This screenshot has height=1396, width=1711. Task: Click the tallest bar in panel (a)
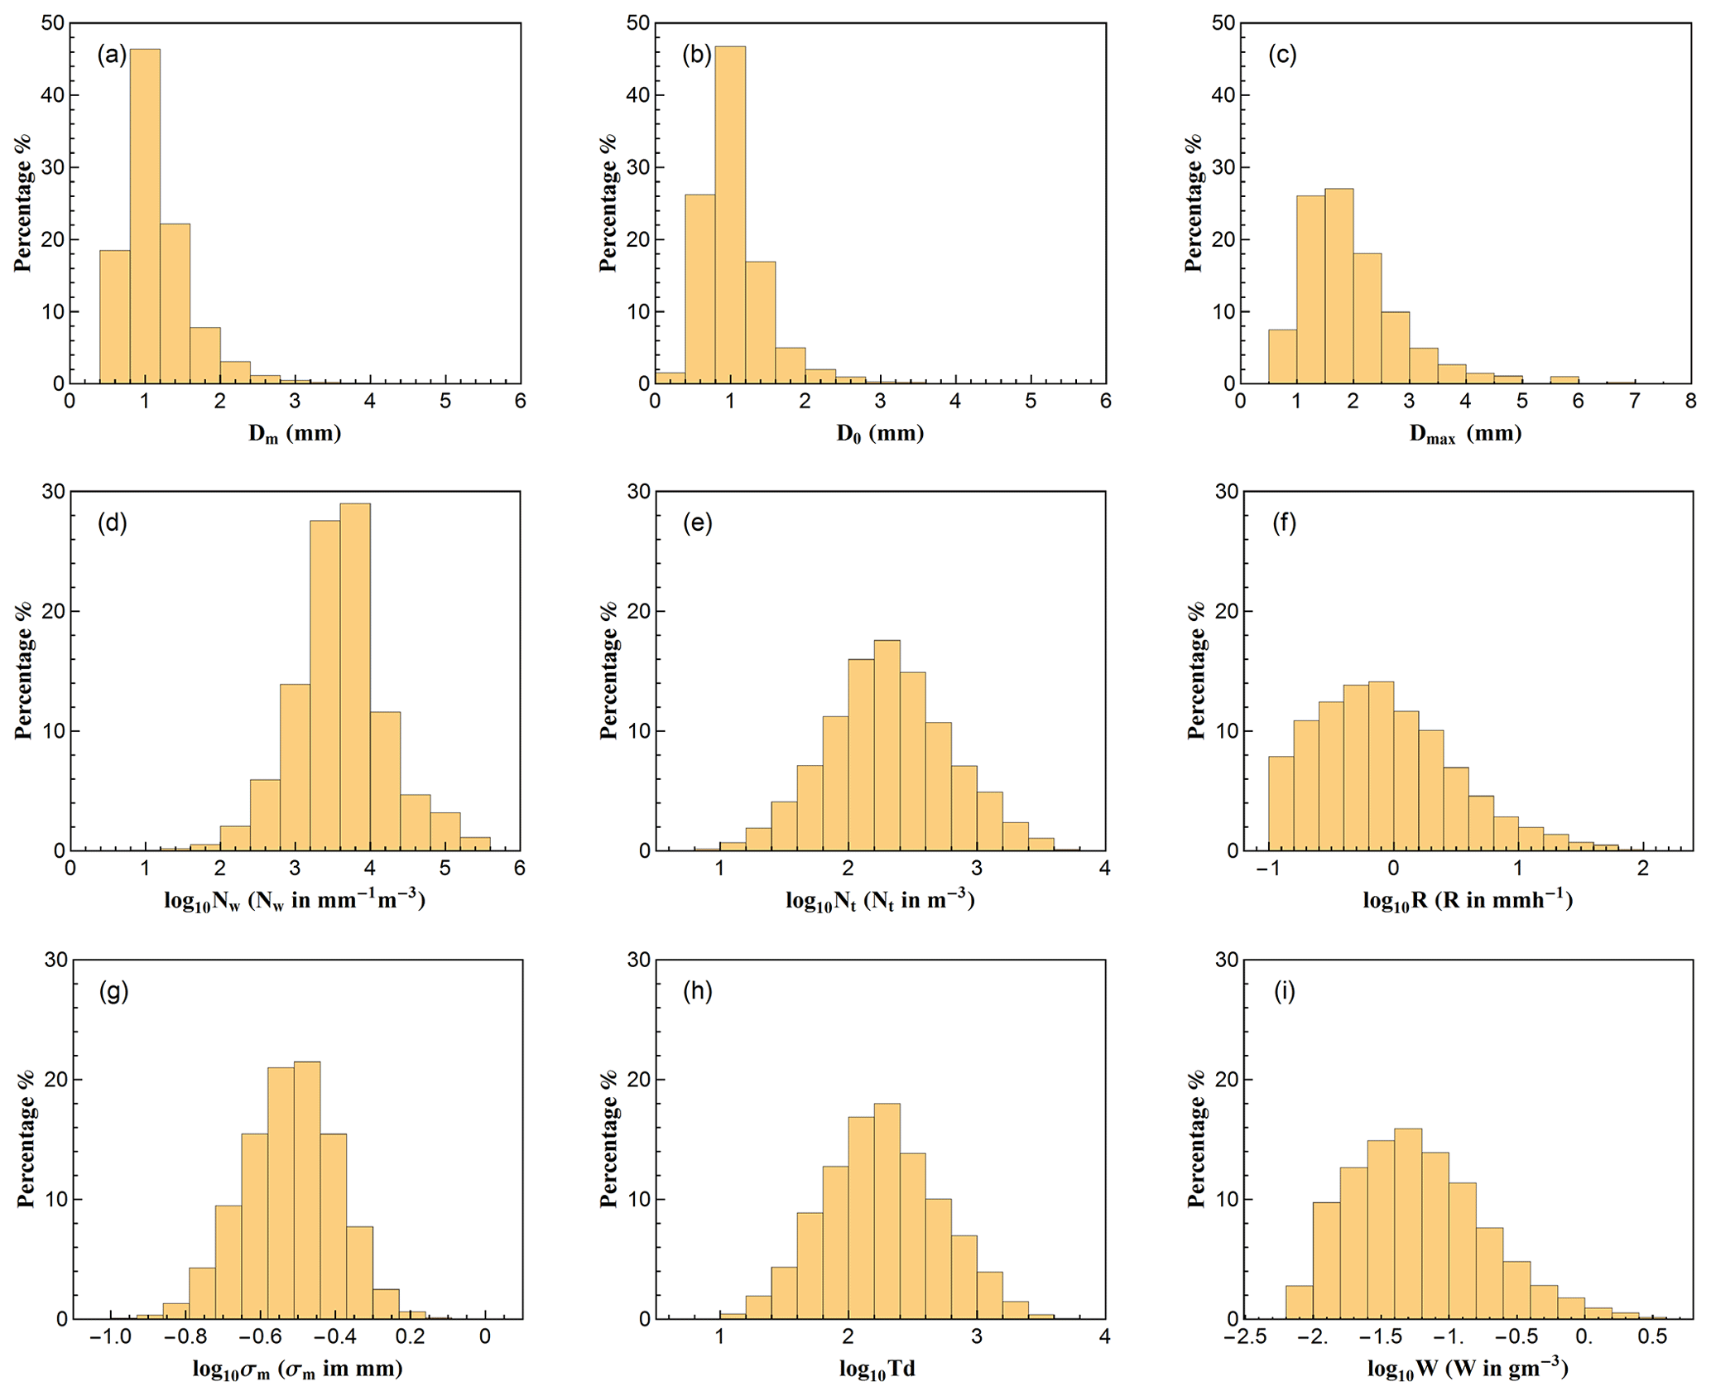145,215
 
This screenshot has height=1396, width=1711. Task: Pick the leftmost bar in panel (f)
1281,802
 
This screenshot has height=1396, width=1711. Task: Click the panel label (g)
113,991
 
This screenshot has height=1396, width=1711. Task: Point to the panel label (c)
1282,55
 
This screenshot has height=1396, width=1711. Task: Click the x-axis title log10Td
877,1369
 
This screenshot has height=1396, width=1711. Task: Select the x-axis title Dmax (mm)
1465,433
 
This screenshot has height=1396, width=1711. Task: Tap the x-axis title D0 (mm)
880,433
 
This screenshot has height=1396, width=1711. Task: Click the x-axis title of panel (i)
1467,1369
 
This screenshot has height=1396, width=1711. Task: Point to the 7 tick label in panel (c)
1635,402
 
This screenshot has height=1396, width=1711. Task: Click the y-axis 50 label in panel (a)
53,23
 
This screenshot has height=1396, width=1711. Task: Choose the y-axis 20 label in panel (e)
638,611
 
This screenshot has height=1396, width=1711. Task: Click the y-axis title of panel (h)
609,1139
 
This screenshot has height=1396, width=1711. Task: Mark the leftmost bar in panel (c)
1282,356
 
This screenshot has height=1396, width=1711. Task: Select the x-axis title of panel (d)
295,901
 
